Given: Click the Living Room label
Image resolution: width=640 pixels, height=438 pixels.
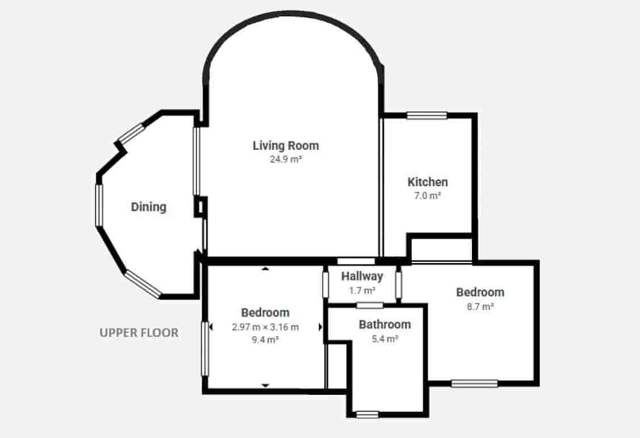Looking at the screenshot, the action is coord(286,146).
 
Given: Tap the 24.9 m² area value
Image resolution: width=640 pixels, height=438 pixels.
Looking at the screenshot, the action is coord(286,159).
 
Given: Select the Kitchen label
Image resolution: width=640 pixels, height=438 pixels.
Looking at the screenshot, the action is coord(428,182).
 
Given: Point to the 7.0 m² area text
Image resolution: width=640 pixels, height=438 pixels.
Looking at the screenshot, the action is coord(428,195).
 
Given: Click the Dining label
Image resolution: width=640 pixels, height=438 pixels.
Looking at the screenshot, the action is coord(149,207).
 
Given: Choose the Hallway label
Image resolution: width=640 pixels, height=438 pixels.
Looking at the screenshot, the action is coord(362,276).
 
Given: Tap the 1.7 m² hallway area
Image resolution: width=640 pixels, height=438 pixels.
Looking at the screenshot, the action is coord(362,291).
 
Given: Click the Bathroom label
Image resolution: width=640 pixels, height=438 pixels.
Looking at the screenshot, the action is coord(385,324).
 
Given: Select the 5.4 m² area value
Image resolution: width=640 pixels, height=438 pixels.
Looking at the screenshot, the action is coord(385,339).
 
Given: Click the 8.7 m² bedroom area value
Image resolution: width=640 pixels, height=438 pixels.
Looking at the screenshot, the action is coord(480,307).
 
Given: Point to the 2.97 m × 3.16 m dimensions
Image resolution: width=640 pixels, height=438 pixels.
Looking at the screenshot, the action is coord(265,327).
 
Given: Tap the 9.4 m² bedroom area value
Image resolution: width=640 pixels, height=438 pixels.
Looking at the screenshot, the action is coord(265,340).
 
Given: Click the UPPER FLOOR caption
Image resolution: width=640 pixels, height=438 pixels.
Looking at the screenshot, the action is coord(139,333).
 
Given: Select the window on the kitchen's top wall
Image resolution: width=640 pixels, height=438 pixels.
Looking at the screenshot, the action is coord(427,115).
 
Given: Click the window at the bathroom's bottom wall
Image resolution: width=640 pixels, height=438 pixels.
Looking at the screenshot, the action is coord(367,415).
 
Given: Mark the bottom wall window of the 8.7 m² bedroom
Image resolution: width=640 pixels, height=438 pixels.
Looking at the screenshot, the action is coord(475,383).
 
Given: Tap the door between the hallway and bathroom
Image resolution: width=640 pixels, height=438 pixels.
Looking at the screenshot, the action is coord(370,305).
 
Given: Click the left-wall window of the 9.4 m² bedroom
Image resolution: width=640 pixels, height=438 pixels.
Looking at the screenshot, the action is coord(206,349).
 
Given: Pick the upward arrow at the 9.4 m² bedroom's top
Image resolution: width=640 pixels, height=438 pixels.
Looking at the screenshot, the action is coord(266,269).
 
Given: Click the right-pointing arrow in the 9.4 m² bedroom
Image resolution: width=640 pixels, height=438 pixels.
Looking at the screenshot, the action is coord(320,327).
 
